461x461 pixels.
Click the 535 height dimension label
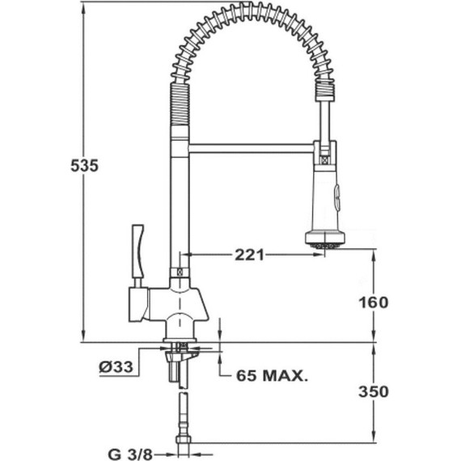pos(84,166)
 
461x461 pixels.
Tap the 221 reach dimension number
pos(250,255)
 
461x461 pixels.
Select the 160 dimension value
pos(374,302)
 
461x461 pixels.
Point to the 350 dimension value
pos(374,391)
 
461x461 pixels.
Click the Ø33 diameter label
pos(116,366)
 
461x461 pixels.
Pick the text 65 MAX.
pos(273,375)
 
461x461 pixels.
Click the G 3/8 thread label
pos(130,455)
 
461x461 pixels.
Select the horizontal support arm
pos(251,148)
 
